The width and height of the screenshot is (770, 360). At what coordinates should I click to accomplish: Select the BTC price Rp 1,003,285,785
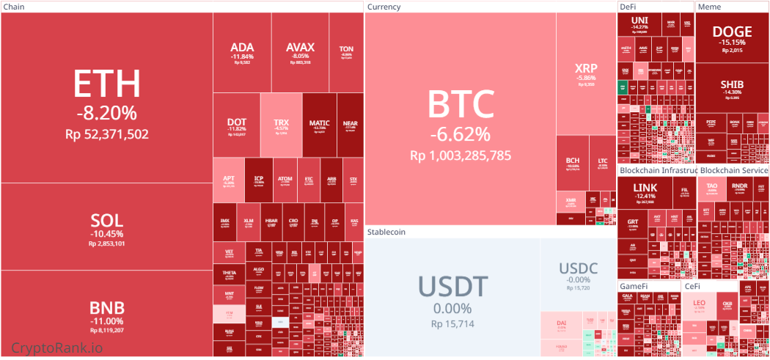(460, 155)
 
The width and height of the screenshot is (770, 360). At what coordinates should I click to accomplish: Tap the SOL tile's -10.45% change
(107, 234)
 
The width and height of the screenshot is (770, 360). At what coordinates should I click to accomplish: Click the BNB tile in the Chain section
(107, 313)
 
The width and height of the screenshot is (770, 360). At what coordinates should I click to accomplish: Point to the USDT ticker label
(452, 286)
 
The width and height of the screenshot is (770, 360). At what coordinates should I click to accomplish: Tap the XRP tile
(586, 73)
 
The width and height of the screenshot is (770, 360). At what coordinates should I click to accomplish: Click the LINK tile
(645, 192)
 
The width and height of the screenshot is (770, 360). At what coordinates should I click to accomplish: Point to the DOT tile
(236, 125)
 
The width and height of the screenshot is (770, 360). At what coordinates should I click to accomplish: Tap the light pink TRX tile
(281, 125)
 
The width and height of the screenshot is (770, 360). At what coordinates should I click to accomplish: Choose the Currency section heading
(384, 7)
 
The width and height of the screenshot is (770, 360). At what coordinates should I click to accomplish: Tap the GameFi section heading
(634, 285)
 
